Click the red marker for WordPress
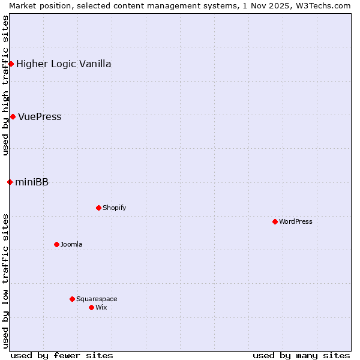275,221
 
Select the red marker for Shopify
98,208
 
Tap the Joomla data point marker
56,244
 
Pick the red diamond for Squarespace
72,299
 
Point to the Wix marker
91,307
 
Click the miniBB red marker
10,182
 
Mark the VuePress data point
13,116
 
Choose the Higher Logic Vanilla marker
11,64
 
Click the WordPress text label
296,221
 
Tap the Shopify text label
114,208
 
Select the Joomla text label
71,244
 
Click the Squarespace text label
97,299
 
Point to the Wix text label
101,307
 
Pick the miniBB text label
32,182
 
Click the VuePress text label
40,117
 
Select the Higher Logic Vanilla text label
64,64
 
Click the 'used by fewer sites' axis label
62,355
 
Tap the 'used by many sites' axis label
301,355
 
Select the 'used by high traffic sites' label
5,85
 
